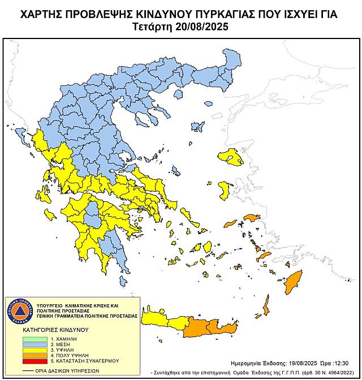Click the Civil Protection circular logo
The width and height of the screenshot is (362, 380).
pyautogui.click(x=21, y=309)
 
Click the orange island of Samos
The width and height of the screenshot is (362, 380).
pyautogui.click(x=250, y=217)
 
